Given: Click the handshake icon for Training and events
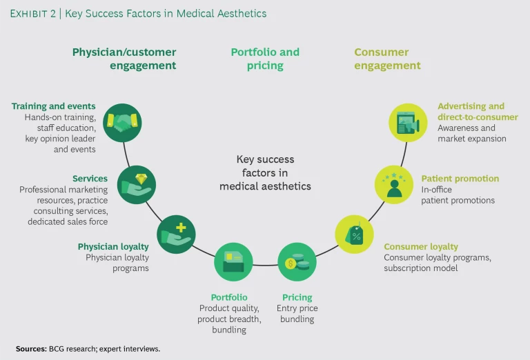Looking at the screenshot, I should click(x=122, y=123).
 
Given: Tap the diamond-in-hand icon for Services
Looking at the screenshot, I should click(x=137, y=184).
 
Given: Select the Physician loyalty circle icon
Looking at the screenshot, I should click(x=177, y=234).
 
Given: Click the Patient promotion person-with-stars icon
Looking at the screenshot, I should click(x=394, y=184).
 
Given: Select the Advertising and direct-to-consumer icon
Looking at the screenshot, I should click(x=409, y=123).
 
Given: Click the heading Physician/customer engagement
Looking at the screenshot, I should click(x=124, y=59).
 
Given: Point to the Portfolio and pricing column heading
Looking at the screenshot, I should click(x=265, y=59).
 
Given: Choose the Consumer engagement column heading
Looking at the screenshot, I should click(x=387, y=59).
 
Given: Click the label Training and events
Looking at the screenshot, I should click(x=54, y=106).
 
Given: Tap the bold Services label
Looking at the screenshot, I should click(x=90, y=179).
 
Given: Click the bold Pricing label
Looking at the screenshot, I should click(x=297, y=297).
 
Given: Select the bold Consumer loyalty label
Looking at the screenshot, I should click(x=421, y=247).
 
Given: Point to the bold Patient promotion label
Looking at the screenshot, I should click(x=460, y=179).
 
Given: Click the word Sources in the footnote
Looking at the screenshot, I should click(x=32, y=349).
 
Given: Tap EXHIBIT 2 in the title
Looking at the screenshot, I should click(x=34, y=14).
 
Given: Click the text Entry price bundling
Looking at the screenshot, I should click(x=297, y=314).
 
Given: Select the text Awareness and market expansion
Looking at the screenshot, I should click(x=472, y=133).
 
